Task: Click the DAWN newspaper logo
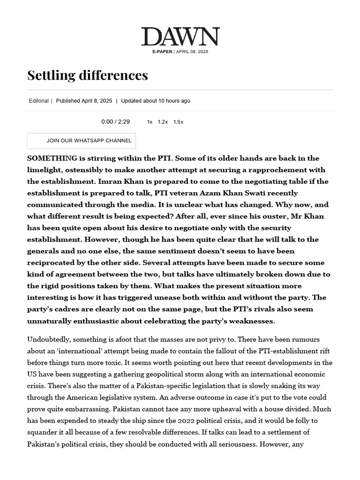(180, 37)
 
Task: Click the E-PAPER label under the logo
(162, 52)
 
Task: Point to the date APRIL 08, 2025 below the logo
(192, 52)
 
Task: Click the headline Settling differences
(88, 75)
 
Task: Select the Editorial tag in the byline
(38, 101)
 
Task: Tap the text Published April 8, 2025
(84, 101)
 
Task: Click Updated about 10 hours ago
(156, 101)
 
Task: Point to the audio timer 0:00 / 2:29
(115, 122)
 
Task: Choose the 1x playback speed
(150, 122)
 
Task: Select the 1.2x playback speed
(163, 122)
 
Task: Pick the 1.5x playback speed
(178, 122)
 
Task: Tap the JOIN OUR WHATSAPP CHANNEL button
(82, 141)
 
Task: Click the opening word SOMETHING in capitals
(52, 158)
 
